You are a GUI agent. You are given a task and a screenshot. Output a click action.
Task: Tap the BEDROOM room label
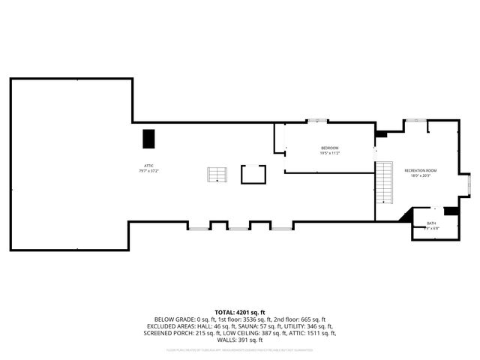click(x=330, y=148)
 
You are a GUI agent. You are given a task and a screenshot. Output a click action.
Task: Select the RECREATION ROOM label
click(x=420, y=170)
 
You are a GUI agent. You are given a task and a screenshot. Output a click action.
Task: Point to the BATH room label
click(x=431, y=223)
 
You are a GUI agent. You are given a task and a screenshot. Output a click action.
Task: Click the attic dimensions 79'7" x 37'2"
click(x=150, y=171)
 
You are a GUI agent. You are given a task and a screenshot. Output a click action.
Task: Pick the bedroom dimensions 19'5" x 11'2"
click(x=330, y=153)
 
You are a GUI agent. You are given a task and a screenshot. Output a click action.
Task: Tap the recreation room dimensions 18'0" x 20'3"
click(x=420, y=176)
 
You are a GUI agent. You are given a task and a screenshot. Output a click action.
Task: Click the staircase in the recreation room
click(x=385, y=181)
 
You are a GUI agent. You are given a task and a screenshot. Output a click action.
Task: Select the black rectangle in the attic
click(x=148, y=139)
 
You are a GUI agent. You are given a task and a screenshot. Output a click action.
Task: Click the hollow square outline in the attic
click(x=253, y=174)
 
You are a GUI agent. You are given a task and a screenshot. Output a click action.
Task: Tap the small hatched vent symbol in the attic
click(x=217, y=175)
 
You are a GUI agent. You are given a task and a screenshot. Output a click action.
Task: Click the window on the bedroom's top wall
click(x=317, y=121)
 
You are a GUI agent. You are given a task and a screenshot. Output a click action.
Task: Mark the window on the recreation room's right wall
click(x=469, y=182)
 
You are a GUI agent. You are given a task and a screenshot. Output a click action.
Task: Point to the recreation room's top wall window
click(x=415, y=120)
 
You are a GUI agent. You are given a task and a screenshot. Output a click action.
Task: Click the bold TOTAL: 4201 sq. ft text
click(x=240, y=311)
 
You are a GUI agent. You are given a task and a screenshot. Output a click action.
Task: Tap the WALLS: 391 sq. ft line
click(x=240, y=340)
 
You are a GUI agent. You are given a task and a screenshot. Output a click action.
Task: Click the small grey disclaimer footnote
click(x=240, y=349)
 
